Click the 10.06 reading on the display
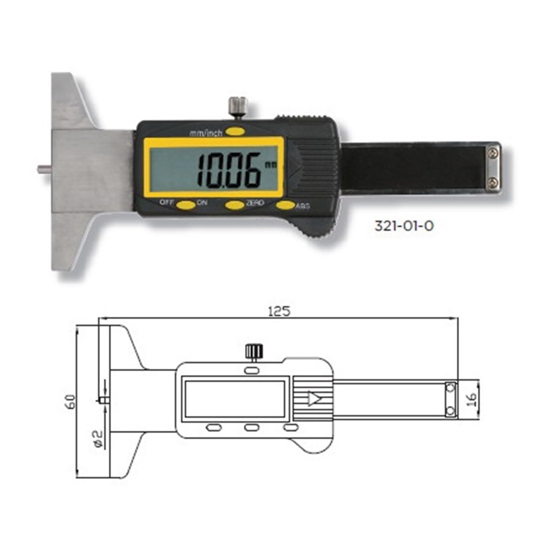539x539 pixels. [x=229, y=171]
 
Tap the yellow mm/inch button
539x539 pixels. [x=235, y=131]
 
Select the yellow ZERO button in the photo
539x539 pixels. [x=234, y=204]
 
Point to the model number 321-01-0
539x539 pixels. [x=404, y=226]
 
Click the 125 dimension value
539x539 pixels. [x=279, y=311]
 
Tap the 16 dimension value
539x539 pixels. [x=472, y=399]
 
